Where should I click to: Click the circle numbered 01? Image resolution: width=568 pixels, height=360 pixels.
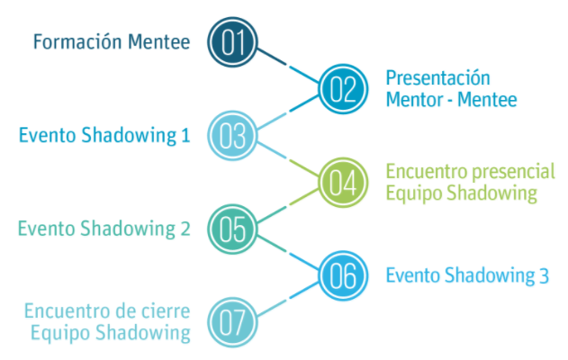(232, 41)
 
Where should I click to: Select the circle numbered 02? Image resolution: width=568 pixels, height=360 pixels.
(343, 88)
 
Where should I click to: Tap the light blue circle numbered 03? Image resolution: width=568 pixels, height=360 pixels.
(232, 136)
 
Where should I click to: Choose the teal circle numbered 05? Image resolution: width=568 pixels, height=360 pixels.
(232, 229)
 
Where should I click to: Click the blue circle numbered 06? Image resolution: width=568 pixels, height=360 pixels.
(343, 275)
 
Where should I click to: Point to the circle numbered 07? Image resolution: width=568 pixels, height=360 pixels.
(232, 322)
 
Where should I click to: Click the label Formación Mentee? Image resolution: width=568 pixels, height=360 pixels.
(112, 41)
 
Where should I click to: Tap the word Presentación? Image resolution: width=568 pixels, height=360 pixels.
(437, 77)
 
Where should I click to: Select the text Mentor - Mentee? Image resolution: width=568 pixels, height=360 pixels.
(451, 99)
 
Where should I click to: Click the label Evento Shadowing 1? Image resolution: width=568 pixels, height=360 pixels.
(104, 136)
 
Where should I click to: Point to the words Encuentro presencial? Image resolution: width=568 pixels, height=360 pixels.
(470, 171)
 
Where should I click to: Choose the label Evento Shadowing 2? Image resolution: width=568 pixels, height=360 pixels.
(104, 229)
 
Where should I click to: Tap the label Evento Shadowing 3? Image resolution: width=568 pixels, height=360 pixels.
(467, 275)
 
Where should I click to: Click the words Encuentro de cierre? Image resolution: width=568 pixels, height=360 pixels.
(107, 311)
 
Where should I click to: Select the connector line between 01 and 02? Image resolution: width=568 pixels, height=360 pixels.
(287, 65)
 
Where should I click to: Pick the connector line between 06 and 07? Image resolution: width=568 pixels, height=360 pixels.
(287, 299)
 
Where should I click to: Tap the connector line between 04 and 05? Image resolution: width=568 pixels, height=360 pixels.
(287, 206)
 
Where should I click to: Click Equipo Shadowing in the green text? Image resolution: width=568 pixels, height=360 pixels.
(461, 193)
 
